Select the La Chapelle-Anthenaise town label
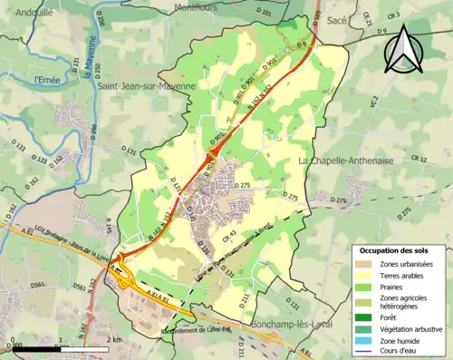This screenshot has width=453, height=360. click(349, 161)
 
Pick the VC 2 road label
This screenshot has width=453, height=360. click(372, 103)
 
